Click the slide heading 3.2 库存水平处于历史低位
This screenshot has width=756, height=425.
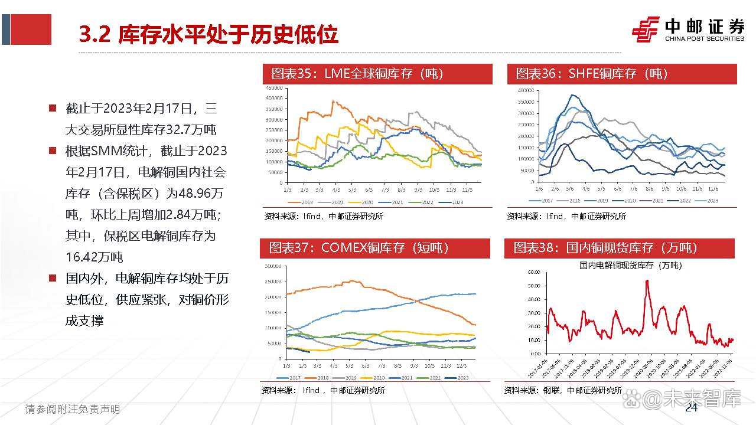pos(208,35)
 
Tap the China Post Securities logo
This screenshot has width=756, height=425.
pos(688,30)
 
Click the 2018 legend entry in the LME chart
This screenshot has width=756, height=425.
pos(305,202)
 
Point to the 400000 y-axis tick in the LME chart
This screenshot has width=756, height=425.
pos(273,98)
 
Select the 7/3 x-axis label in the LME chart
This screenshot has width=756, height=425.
pos(385,190)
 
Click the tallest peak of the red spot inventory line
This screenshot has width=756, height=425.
pos(647,281)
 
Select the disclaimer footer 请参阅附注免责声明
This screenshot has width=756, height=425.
pos(72,409)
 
